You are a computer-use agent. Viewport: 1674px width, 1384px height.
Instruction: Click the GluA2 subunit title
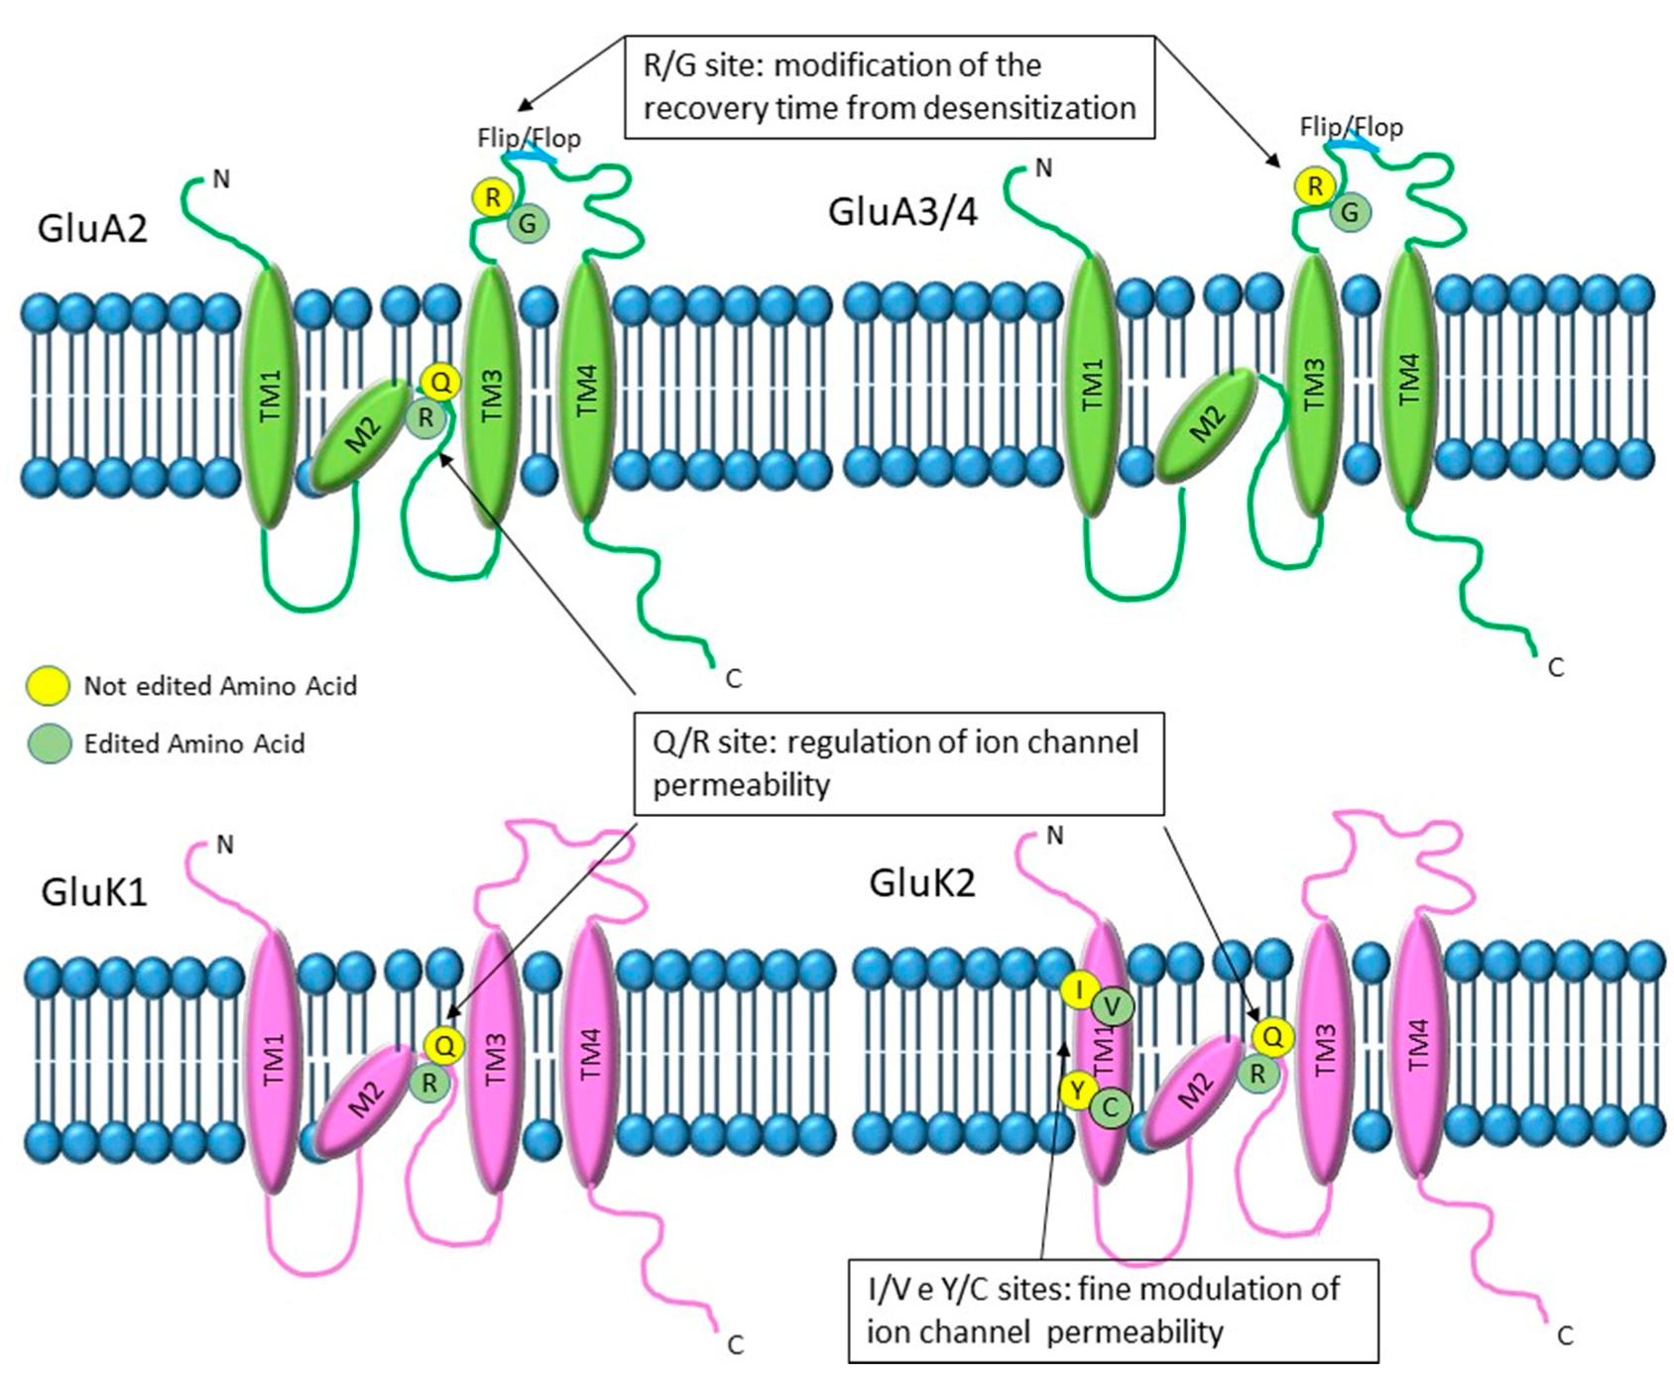click(x=92, y=229)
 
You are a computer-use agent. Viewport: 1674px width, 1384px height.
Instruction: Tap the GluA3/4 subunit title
click(x=902, y=212)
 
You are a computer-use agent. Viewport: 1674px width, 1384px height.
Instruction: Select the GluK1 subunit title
click(x=94, y=892)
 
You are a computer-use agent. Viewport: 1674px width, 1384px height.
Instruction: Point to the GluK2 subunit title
click(x=922, y=882)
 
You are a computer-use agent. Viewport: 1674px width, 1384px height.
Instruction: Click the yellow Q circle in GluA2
click(x=440, y=382)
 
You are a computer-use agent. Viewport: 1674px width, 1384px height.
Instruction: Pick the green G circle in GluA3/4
click(x=1350, y=212)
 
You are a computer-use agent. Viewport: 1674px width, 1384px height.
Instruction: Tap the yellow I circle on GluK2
click(x=1079, y=989)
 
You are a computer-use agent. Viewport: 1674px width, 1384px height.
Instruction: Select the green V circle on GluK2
click(x=1113, y=1007)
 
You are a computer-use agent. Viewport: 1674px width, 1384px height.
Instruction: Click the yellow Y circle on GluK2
click(x=1078, y=1090)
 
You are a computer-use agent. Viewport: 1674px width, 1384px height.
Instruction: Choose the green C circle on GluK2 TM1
click(x=1111, y=1107)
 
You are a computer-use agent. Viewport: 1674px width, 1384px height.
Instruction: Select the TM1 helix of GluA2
click(x=270, y=395)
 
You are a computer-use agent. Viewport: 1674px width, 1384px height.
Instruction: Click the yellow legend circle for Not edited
click(x=48, y=685)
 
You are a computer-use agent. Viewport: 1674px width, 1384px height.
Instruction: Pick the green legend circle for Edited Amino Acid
click(x=48, y=744)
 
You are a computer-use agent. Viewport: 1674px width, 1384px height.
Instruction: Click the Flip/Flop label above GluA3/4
click(x=1351, y=127)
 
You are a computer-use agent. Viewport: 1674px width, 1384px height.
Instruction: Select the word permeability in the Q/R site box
click(x=741, y=785)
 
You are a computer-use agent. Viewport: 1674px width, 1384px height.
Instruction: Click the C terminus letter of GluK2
click(x=1565, y=1336)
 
